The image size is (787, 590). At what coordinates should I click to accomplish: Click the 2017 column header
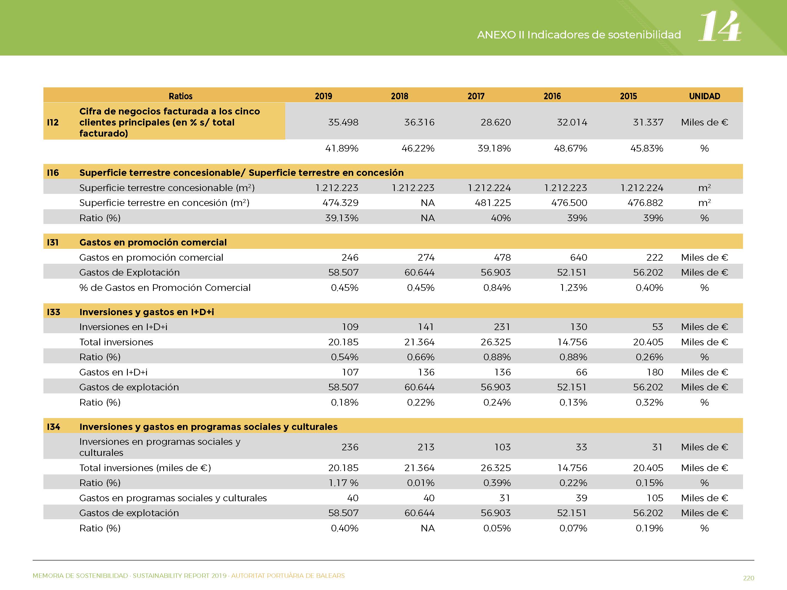click(476, 96)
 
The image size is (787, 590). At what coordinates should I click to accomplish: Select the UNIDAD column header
click(705, 96)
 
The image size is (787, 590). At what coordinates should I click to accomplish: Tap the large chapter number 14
click(720, 26)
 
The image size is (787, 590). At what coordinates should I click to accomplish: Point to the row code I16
click(53, 173)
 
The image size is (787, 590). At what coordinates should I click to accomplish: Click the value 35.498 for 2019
click(343, 122)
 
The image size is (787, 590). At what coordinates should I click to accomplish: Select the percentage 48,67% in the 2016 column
click(570, 148)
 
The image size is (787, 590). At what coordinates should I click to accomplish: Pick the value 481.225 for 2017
click(493, 203)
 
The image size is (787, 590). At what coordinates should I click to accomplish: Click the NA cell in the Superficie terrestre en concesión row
click(428, 203)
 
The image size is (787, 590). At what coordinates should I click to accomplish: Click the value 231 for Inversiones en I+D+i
click(502, 327)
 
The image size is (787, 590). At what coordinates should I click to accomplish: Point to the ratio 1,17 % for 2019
click(343, 483)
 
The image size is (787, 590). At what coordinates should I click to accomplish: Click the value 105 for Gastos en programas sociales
click(655, 498)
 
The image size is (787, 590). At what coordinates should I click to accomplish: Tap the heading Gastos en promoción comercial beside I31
click(153, 242)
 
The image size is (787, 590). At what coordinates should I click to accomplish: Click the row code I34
click(53, 427)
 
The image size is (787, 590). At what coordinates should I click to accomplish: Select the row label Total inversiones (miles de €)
click(145, 468)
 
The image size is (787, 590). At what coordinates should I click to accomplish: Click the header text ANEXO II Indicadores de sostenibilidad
click(579, 35)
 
